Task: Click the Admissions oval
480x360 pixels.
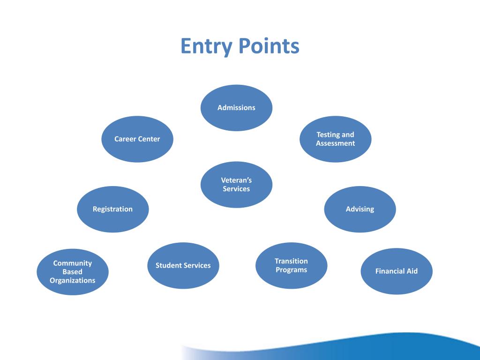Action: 236,108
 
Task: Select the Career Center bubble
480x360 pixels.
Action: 137,139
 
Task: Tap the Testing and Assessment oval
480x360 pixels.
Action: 336,139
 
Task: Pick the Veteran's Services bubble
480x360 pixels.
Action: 236,185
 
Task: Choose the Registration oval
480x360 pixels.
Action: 112,210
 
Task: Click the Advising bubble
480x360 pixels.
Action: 360,210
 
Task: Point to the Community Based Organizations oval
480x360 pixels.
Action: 73,272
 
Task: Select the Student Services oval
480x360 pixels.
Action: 183,265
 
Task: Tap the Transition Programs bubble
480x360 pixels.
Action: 291,265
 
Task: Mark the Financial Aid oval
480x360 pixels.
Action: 397,271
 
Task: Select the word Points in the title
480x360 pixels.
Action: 269,47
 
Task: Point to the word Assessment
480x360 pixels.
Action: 336,143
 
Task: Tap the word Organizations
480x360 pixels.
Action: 73,280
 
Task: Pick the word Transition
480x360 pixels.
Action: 291,261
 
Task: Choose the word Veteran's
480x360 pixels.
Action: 236,180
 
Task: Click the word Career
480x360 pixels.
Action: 125,139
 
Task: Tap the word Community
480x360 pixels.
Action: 73,263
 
